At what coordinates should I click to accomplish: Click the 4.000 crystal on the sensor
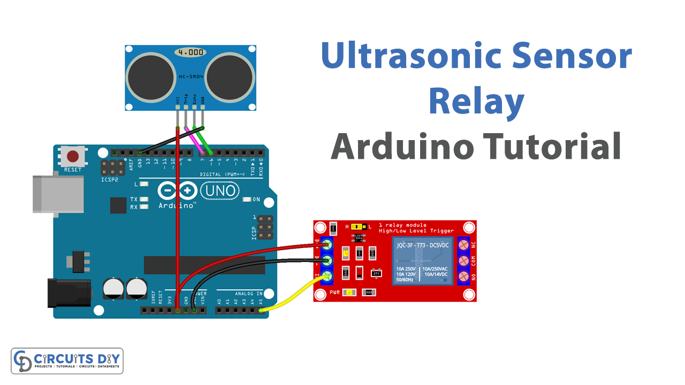pos(189,52)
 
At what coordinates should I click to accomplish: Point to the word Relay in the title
pos(476,102)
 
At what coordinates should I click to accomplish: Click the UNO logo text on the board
pos(218,191)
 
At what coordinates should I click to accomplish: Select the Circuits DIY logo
pos(67,361)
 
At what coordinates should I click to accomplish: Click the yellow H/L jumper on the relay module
pos(357,227)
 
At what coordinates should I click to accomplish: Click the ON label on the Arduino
pos(256,199)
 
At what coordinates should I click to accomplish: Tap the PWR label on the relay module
pos(335,292)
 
